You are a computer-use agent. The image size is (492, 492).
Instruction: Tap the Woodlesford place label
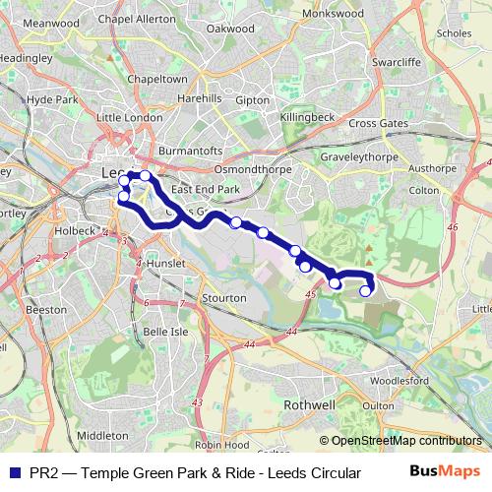399,379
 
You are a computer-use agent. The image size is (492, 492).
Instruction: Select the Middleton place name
102,434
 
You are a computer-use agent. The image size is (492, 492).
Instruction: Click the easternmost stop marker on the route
366,290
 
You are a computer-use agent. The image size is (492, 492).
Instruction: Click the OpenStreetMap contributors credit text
406,442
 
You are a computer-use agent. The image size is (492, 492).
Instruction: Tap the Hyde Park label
51,99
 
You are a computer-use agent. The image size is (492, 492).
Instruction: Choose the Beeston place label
46,308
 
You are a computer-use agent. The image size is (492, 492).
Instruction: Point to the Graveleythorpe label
360,156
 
